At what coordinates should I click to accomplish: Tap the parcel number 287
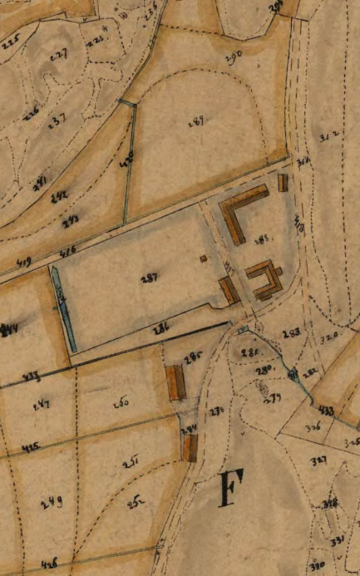pos(150,277)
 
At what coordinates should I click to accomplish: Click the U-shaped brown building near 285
pos(264,280)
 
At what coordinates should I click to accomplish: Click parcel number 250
pos(120,402)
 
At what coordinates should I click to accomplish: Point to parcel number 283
pos(291,333)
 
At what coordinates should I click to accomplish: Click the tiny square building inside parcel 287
pos(204,258)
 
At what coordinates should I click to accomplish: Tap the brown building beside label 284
pos(190,448)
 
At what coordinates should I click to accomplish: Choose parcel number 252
pos(134,501)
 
